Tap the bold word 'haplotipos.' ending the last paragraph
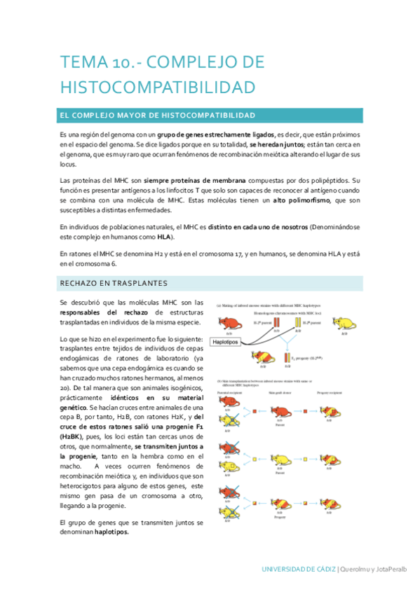point(117,531)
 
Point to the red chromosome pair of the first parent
point(277,323)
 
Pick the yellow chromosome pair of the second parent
point(298,323)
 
